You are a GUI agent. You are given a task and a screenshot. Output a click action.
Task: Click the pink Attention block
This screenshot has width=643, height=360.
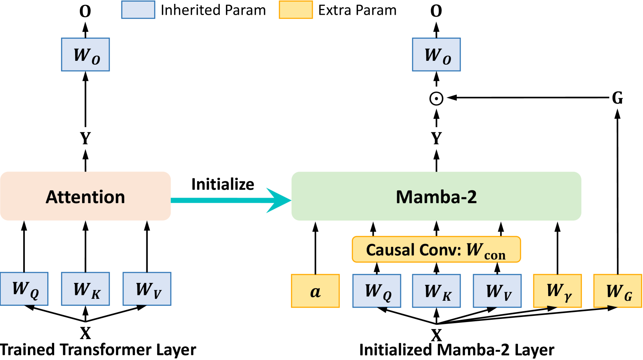(85, 196)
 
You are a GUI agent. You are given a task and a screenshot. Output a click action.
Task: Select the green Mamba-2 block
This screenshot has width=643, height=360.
(436, 196)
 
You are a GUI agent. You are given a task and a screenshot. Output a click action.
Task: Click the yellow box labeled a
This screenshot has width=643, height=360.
(315, 291)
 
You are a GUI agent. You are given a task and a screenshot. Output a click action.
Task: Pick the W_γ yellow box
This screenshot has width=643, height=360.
(557, 291)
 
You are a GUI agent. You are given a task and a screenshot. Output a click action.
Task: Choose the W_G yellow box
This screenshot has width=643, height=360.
(617, 291)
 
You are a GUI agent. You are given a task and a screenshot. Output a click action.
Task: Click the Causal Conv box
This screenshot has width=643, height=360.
(436, 250)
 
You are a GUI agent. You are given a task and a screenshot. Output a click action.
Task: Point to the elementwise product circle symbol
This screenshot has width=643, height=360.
(436, 98)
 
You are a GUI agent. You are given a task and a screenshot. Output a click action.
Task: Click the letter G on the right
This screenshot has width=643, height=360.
(617, 98)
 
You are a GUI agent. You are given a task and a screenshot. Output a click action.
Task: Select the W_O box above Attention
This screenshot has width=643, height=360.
(85, 55)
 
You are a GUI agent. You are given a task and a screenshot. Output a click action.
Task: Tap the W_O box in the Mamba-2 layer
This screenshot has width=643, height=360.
(436, 55)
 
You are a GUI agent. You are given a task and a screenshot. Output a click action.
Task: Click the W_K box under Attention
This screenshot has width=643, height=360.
(85, 289)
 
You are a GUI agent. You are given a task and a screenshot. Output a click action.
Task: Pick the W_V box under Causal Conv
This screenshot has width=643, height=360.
(497, 291)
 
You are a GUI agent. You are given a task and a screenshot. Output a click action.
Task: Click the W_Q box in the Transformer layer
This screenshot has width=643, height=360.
(24, 289)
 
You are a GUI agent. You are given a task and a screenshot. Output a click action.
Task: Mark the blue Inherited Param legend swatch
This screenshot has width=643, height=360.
(138, 10)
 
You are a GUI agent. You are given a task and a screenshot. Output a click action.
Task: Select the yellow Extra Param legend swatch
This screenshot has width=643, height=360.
(296, 10)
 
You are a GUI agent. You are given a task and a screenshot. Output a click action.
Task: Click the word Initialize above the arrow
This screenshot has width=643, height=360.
(223, 184)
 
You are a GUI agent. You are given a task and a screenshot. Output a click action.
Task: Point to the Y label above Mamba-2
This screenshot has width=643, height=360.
(436, 138)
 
